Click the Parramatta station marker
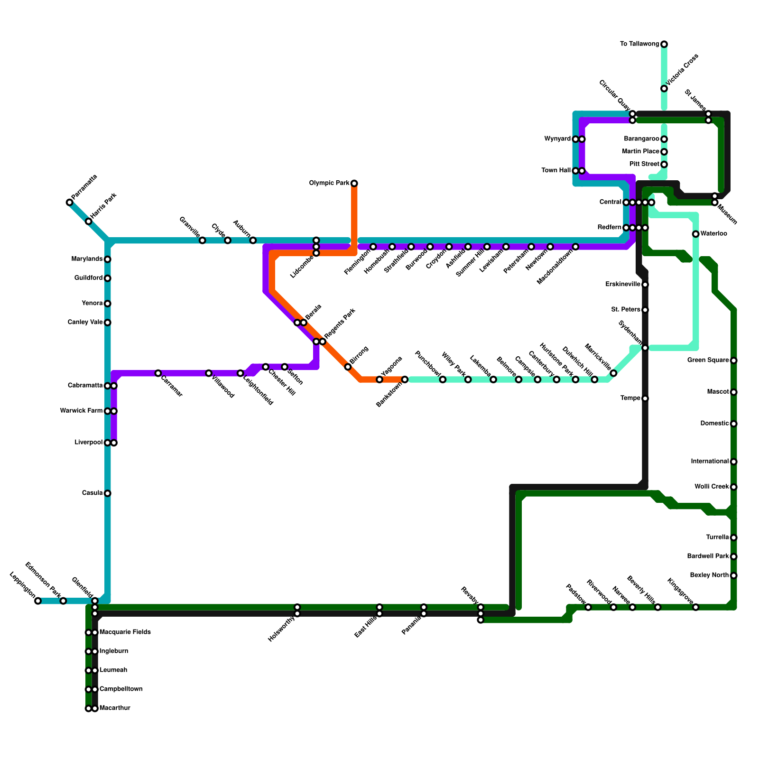[70, 203]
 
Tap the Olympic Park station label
[330, 183]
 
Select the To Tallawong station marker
[664, 44]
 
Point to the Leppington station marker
[38, 601]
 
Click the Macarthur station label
[114, 708]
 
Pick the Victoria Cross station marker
[664, 89]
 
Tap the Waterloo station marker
[695, 234]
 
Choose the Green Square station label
[708, 361]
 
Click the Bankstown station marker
[405, 379]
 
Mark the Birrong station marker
[348, 367]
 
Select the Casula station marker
[108, 493]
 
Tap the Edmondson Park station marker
[63, 601]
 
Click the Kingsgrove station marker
[695, 607]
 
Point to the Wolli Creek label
[711, 487]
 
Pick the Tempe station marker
[645, 398]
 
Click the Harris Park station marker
[89, 222]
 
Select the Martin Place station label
[640, 152]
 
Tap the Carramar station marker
[158, 373]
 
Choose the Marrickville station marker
[613, 373]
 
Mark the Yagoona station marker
[379, 379]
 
